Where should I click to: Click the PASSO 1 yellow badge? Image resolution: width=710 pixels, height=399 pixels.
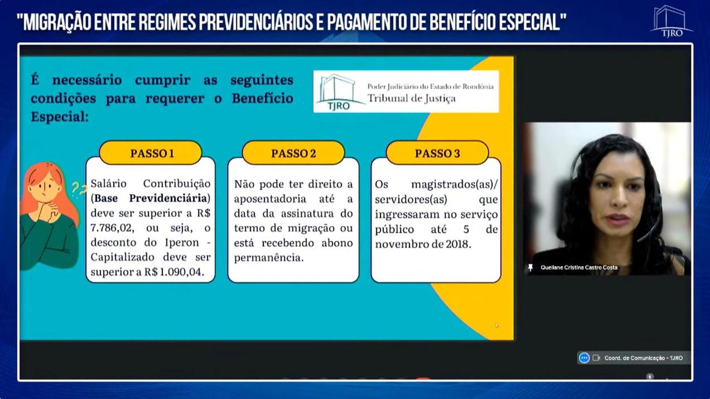click(151, 153)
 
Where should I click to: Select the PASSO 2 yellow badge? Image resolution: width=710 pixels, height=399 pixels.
click(293, 153)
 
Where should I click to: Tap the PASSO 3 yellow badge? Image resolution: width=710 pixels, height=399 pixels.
click(437, 153)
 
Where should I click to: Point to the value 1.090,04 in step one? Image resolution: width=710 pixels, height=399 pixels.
click(181, 272)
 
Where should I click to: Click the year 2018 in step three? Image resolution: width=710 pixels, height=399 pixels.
click(458, 244)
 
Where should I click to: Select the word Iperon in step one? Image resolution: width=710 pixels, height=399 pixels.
click(182, 243)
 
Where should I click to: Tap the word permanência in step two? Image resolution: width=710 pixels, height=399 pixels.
click(269, 258)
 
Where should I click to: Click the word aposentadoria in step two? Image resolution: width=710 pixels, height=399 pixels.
click(271, 199)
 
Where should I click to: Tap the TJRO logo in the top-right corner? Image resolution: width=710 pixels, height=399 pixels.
click(672, 21)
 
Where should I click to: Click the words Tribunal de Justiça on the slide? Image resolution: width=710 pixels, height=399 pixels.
click(412, 98)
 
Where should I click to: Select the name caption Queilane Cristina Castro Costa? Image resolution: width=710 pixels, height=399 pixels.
click(579, 267)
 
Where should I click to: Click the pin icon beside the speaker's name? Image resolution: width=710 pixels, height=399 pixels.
click(530, 268)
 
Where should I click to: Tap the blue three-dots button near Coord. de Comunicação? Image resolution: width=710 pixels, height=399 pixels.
click(584, 358)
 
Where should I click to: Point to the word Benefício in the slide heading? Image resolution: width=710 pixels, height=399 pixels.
click(263, 98)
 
